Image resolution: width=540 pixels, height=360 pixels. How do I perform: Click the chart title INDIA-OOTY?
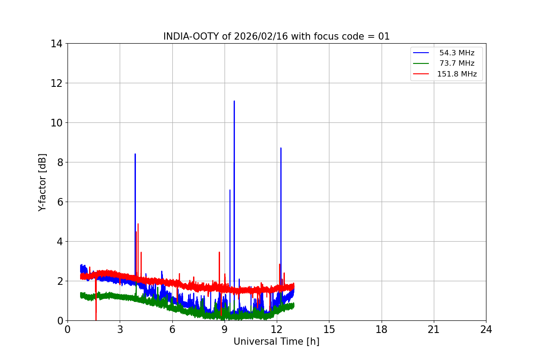[191, 36]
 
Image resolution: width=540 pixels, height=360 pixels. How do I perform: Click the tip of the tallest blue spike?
[234, 101]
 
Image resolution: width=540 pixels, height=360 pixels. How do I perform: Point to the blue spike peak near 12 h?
[281, 148]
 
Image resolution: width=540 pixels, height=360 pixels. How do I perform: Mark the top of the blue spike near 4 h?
[135, 154]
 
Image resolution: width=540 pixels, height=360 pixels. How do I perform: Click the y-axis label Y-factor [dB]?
[42, 182]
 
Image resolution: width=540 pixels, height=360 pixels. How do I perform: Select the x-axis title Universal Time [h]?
[276, 342]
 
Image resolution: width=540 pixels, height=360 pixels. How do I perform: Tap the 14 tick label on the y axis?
[56, 44]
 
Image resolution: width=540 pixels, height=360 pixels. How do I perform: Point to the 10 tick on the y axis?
[56, 123]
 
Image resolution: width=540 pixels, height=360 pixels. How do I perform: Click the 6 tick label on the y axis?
[59, 202]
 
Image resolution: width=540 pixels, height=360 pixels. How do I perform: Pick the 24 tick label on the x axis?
[486, 329]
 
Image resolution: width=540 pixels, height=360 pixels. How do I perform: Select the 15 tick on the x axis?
[329, 329]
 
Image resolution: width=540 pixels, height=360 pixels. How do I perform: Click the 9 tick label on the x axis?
[225, 329]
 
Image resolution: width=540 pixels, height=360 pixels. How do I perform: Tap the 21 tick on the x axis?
[434, 329]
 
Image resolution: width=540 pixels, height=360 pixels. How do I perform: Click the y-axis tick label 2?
[59, 281]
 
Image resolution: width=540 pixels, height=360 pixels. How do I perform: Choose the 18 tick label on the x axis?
[382, 329]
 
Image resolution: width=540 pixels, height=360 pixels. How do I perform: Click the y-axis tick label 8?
[59, 162]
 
